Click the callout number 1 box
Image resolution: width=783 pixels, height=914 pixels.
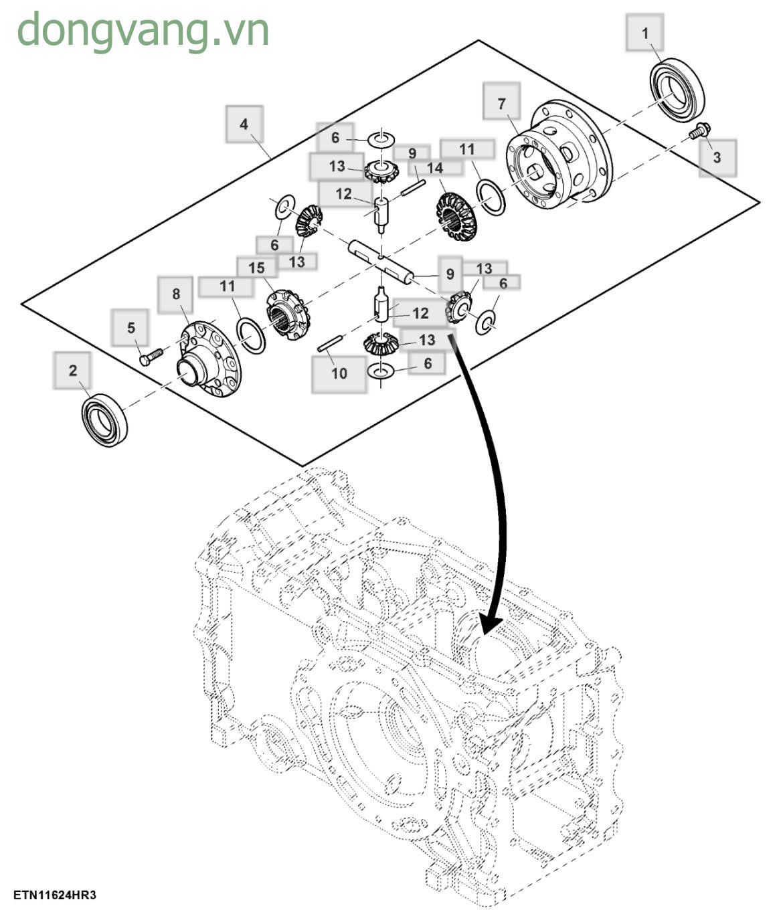coord(645,33)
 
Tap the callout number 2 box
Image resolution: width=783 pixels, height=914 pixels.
coord(72,371)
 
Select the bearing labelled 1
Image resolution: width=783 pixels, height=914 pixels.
coord(679,90)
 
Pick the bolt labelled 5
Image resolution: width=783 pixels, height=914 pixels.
coord(151,355)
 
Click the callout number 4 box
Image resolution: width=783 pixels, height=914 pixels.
coord(244,124)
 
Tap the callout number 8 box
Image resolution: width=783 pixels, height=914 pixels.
coord(176,294)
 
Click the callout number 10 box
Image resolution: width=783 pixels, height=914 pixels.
coord(339,373)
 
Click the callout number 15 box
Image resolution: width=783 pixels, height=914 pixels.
coord(257,268)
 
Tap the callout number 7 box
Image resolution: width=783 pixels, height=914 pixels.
coord(502,104)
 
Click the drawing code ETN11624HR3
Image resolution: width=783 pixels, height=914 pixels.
coord(54,895)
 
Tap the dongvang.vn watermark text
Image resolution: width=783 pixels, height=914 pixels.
coord(143,30)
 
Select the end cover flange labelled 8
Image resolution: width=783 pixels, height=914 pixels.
coord(207,359)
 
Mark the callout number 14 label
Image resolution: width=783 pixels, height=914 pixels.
coord(434,167)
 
